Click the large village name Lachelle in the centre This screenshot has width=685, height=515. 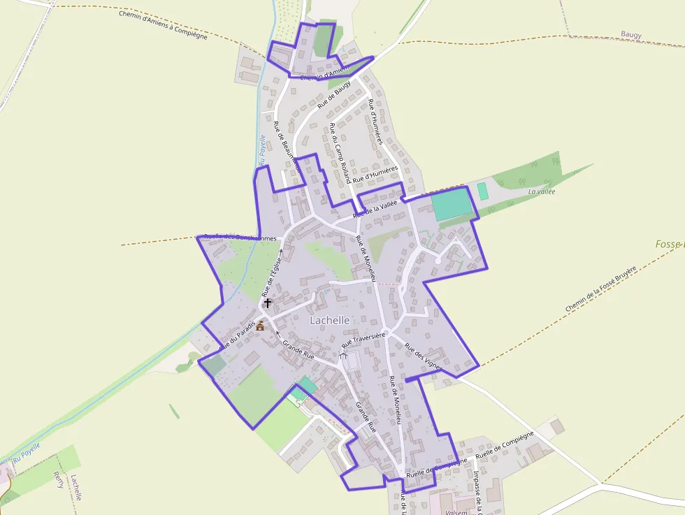click(330, 319)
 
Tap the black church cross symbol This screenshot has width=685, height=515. click(268, 303)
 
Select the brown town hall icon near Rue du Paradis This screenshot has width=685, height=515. click(261, 325)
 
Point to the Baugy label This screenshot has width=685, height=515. click(630, 34)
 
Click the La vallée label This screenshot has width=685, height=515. click(542, 191)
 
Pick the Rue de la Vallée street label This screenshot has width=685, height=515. click(375, 209)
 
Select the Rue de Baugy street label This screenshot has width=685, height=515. click(334, 95)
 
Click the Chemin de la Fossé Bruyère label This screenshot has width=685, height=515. click(601, 289)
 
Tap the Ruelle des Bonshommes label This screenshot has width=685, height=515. click(240, 238)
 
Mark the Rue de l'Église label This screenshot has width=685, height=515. click(271, 276)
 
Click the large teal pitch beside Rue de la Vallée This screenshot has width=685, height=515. click(451, 205)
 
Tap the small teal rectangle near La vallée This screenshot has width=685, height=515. click(482, 189)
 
